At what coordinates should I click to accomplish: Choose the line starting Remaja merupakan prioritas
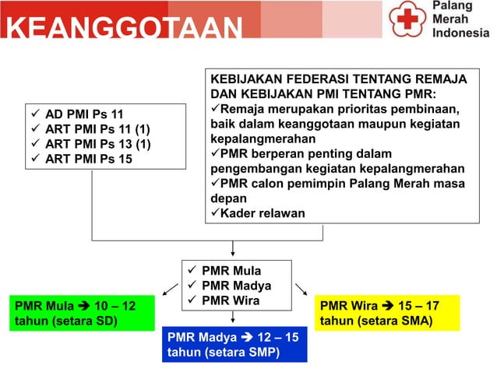[x=340, y=109]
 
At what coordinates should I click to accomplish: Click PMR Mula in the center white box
[x=231, y=272]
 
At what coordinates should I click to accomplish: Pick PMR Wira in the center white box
[x=230, y=300]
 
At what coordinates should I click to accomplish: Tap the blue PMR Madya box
[x=235, y=345]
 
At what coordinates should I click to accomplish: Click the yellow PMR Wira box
[x=387, y=314]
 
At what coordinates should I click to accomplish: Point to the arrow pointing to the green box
[x=170, y=290]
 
